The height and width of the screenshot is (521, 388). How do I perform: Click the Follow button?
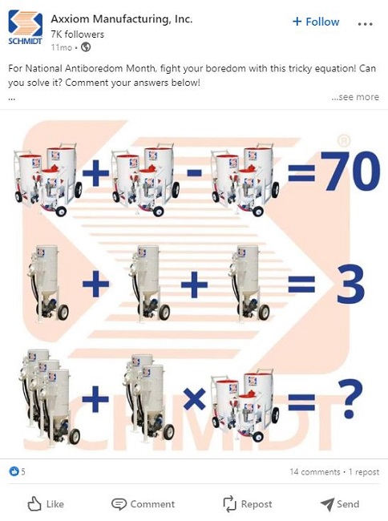click(x=316, y=22)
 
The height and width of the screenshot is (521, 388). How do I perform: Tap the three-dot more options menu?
click(x=365, y=24)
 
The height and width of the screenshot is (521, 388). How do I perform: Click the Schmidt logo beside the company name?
click(x=25, y=27)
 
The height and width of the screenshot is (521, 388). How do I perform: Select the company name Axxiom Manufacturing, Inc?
click(x=122, y=19)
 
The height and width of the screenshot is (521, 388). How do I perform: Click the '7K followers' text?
click(x=78, y=34)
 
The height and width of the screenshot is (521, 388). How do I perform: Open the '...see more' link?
click(x=355, y=97)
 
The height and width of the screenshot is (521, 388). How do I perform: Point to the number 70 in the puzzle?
click(x=351, y=171)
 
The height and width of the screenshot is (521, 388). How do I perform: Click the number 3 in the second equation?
click(x=351, y=284)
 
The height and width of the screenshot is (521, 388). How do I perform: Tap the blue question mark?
click(x=350, y=398)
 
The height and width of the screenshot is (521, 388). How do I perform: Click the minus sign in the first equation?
click(x=194, y=172)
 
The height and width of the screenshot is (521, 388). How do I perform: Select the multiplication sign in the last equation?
click(x=194, y=398)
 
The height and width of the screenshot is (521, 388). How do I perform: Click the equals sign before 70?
click(x=301, y=172)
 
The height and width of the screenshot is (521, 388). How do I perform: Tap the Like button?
click(x=46, y=504)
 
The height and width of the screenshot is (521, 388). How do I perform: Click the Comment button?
click(x=143, y=504)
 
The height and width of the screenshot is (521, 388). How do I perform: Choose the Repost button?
click(x=248, y=504)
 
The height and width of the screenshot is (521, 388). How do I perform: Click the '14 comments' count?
click(x=315, y=472)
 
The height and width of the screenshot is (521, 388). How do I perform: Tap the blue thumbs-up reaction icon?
click(x=14, y=471)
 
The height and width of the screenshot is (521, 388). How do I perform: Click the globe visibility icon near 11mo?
click(x=86, y=47)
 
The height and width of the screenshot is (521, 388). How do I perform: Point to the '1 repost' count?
click(x=364, y=472)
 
